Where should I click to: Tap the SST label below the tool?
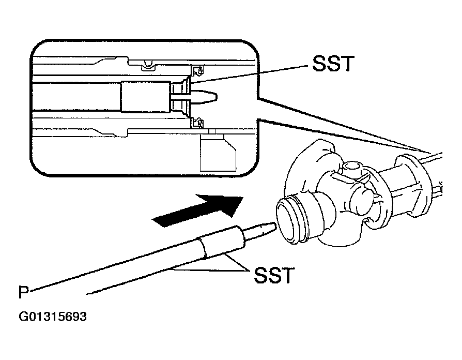[273, 275]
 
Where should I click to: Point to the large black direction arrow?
[199, 209]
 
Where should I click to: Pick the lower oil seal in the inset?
[196, 123]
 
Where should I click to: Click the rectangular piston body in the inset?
[145, 97]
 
